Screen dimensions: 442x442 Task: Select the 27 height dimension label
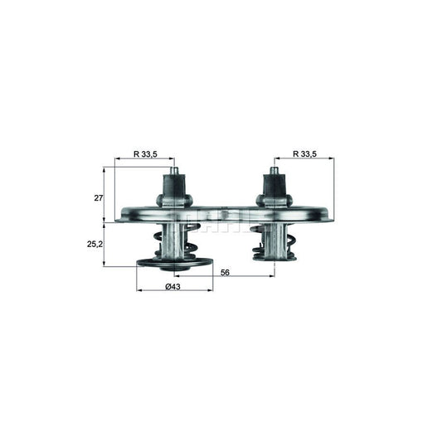click(x=97, y=198)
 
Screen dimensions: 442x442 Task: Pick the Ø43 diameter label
click(x=173, y=286)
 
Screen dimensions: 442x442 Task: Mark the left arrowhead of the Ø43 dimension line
click(x=138, y=290)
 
